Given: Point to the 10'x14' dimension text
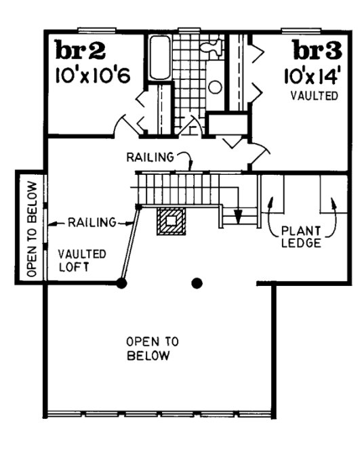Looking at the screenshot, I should coord(313,75).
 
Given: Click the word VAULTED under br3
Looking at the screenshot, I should coord(314,96).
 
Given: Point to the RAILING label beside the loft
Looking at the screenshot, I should coord(91,222).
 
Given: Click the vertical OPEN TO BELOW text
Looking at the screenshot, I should coord(29,228).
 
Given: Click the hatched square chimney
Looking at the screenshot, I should coord(170,221).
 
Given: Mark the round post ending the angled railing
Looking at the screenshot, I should coord(122,283).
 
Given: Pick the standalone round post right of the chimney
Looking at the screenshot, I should coord(197,283).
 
